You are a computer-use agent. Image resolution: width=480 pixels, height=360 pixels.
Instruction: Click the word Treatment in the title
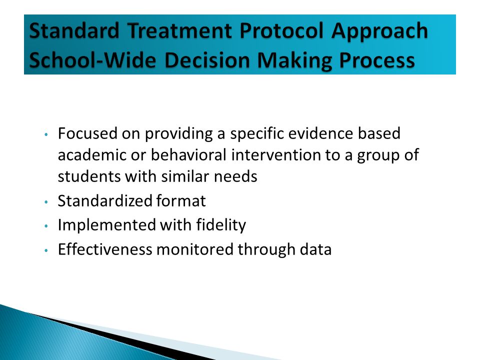[179, 31]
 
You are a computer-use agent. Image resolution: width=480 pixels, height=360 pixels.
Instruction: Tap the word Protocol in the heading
[281, 31]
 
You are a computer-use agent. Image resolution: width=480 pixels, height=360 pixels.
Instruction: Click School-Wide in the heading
[92, 60]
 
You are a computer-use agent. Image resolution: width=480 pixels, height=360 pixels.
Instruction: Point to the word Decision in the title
[207, 60]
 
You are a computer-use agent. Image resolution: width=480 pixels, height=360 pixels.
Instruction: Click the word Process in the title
[377, 60]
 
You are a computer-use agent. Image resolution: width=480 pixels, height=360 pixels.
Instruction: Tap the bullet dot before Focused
[46, 134]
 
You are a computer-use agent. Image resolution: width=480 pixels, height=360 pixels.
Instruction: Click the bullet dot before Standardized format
[46, 202]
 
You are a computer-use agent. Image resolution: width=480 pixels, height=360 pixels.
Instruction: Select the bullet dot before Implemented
[46, 226]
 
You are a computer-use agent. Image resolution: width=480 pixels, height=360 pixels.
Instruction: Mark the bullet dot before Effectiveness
[46, 250]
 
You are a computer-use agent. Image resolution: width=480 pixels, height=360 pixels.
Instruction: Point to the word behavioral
[188, 154]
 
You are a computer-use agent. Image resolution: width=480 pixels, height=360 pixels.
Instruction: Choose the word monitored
[195, 249]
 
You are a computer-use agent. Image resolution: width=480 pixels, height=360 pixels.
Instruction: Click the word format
[181, 201]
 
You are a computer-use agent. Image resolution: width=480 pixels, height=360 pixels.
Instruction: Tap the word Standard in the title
[74, 31]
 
